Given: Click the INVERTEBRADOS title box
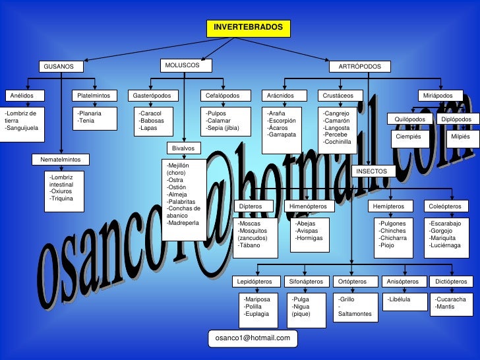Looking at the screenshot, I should [x=248, y=28].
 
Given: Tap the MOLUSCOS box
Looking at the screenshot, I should [x=186, y=65].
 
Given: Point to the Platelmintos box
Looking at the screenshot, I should [x=94, y=96].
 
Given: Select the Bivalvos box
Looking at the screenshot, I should [x=183, y=148].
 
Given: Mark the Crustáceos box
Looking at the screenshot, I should [x=340, y=96].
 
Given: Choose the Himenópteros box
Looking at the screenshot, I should [x=308, y=206].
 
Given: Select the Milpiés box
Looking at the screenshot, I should [x=459, y=136].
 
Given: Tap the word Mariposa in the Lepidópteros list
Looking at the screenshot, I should [x=258, y=299].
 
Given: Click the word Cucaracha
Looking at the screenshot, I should [x=451, y=299].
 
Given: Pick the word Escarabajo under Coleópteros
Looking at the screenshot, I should [x=446, y=224].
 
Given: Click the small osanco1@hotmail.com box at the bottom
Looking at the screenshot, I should [x=253, y=338].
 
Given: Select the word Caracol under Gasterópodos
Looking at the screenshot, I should [x=150, y=113].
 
